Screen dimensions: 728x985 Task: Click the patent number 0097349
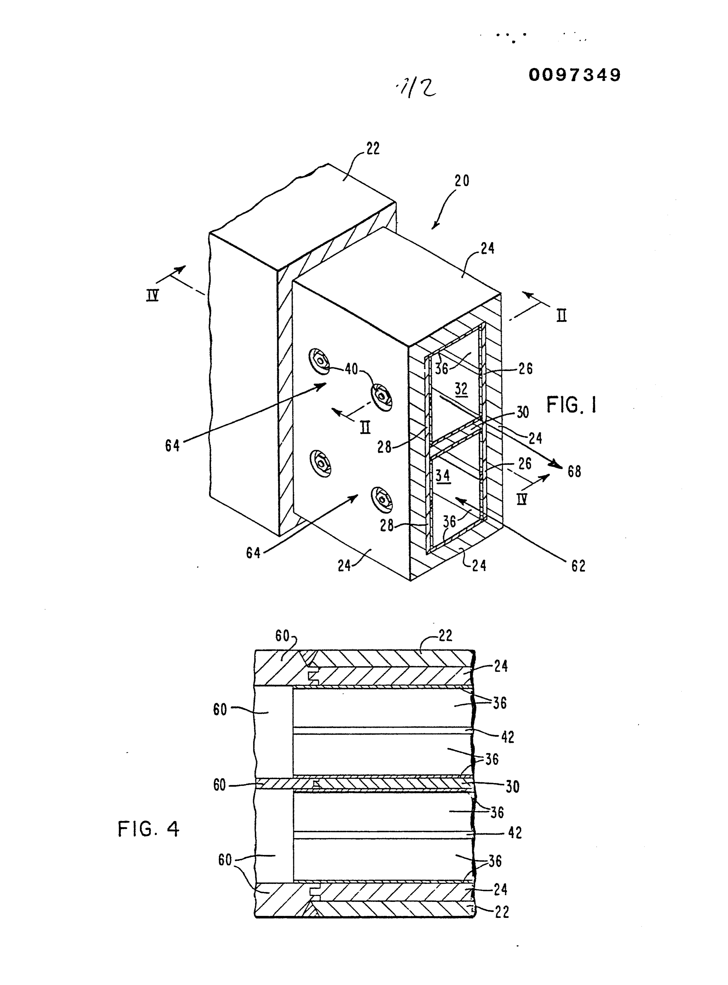pyautogui.click(x=575, y=75)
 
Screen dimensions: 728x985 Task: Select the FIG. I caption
pyautogui.click(x=572, y=404)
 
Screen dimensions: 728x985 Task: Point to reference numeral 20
pyautogui.click(x=462, y=181)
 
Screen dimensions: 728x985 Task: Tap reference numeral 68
pyautogui.click(x=574, y=472)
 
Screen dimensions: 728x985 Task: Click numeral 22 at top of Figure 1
pyautogui.click(x=373, y=149)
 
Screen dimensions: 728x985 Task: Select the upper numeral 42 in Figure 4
pyautogui.click(x=508, y=737)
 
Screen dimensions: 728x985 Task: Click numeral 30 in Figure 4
pyautogui.click(x=512, y=787)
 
